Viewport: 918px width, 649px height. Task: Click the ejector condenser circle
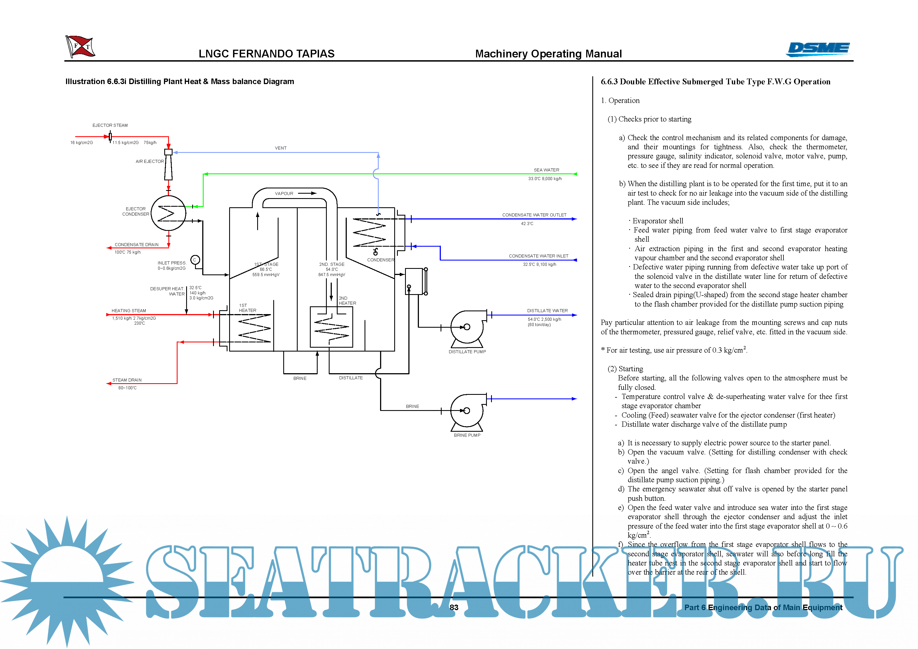pos(168,213)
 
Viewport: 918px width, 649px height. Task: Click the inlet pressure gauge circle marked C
pos(195,260)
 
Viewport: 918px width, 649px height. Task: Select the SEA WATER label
pos(546,170)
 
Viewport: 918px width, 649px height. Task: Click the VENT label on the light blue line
pos(281,148)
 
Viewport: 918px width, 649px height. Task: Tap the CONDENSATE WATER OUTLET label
pos(534,215)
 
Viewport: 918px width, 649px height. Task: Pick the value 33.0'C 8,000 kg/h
pos(545,179)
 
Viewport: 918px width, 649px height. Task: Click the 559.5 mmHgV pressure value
pos(266,275)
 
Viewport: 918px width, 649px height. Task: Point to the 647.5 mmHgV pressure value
pos(332,275)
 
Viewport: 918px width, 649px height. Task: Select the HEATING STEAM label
pos(129,311)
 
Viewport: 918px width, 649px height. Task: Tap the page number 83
pos(454,607)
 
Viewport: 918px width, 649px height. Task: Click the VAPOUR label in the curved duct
pos(284,194)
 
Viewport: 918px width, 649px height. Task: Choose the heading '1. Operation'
pos(620,101)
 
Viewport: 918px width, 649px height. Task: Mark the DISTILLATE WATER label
pos(547,311)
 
